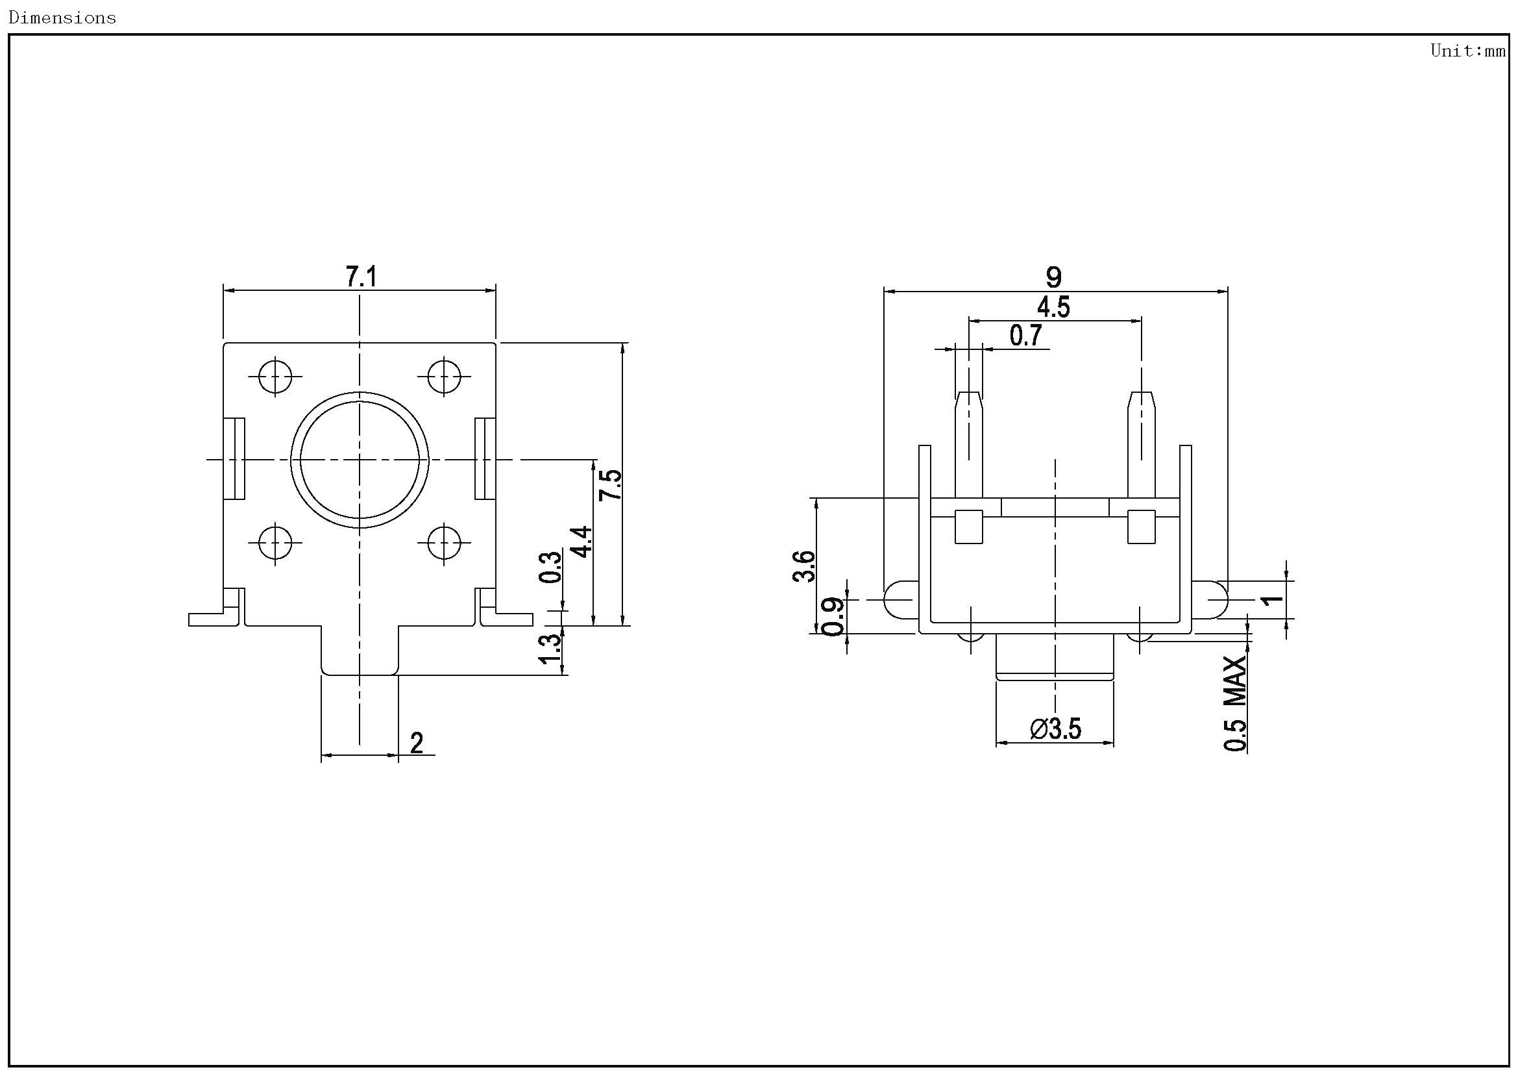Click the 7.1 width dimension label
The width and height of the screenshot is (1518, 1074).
coord(361,277)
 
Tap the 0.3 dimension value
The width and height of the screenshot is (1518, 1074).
coord(550,567)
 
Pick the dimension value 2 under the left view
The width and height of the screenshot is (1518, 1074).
coord(417,743)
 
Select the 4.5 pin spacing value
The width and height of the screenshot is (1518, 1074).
coord(1053,308)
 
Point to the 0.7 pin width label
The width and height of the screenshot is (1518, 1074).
coord(1025,336)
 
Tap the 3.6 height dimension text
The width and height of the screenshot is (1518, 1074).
coord(804,566)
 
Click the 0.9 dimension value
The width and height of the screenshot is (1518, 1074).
coord(833,616)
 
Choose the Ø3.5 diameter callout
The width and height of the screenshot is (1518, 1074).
coord(1055,729)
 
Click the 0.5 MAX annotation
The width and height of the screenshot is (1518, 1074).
coord(1235,704)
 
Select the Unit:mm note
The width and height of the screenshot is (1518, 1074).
coord(1468,51)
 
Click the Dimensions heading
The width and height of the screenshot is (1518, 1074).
coord(62,18)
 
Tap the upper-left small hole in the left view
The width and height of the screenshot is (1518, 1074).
coord(275,377)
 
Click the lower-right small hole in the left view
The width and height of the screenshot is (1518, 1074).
coord(445,543)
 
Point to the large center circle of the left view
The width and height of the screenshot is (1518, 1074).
coord(360,460)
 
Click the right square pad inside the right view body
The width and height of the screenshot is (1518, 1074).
coord(1141,527)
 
